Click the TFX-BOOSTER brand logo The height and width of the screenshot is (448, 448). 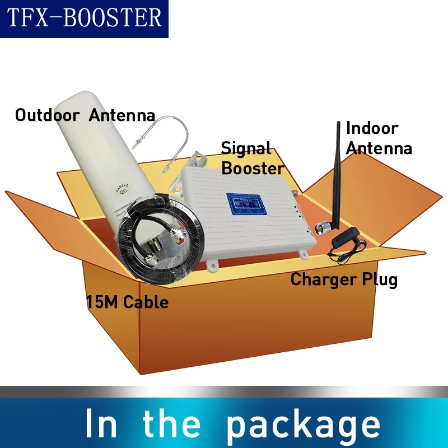[x=84, y=18]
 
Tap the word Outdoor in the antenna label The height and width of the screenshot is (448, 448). [x=47, y=116]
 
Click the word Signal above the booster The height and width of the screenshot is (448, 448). [x=246, y=148]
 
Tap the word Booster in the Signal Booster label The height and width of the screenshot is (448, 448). [x=252, y=167]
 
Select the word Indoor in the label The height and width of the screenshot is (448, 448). [x=372, y=128]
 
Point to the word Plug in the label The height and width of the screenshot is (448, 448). [x=380, y=279]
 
